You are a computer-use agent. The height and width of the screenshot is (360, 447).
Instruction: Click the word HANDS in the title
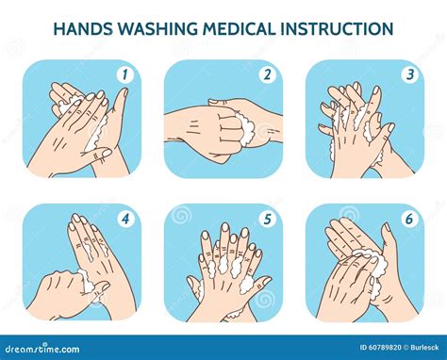coord(83,28)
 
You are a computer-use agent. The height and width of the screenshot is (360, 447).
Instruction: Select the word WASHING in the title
coord(158,28)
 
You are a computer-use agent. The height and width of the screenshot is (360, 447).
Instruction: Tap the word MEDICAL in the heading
coord(240,28)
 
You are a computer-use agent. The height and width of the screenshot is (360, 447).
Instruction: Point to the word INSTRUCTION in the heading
coord(337,28)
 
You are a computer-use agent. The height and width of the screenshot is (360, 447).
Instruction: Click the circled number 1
coord(125,74)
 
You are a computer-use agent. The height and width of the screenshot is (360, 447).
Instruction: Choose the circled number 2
coord(267,74)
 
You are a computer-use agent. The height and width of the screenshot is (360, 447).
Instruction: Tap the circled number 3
coord(410,74)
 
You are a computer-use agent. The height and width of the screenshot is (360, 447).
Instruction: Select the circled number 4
coord(125,219)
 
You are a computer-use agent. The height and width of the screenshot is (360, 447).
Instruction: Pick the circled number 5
coord(267,219)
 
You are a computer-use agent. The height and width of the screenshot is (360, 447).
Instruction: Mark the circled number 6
coord(409,219)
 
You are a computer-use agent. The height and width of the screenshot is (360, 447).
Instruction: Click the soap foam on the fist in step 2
coord(246,129)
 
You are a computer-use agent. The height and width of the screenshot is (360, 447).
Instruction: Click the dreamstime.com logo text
coord(41,349)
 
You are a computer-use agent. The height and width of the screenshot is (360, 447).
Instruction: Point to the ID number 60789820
coord(380,348)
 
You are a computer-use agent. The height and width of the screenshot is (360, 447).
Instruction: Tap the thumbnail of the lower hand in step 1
coord(108,153)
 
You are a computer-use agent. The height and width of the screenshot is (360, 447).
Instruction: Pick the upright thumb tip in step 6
coord(386,228)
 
